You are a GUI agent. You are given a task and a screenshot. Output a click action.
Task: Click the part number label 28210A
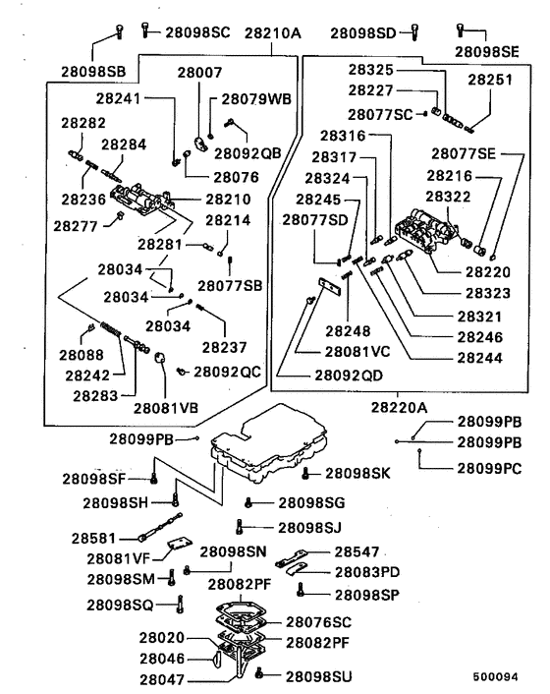272,32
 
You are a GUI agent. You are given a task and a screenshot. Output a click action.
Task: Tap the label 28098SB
93,72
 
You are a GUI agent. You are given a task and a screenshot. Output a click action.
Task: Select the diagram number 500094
495,676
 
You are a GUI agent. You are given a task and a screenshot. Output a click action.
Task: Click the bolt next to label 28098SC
144,30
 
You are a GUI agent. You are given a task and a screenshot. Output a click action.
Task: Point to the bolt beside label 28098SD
414,32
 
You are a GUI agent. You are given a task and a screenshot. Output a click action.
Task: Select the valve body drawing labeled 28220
426,231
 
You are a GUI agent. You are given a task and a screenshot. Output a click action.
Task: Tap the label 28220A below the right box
399,407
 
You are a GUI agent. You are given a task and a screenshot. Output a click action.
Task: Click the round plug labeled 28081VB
160,357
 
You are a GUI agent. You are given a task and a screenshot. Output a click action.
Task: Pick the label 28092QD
349,376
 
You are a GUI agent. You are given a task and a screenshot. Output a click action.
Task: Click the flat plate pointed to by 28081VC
330,287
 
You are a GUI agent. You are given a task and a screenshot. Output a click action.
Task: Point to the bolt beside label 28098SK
304,473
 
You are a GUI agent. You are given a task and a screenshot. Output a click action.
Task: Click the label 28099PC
489,468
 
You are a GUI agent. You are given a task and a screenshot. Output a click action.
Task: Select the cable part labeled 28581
160,526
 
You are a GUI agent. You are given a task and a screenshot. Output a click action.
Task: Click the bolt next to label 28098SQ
180,605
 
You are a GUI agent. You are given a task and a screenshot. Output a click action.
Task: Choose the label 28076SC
318,622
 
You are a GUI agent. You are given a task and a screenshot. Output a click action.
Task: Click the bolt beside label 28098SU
259,673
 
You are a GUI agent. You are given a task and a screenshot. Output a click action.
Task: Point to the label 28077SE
464,153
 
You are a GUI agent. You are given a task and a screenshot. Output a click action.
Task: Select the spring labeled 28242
111,329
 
